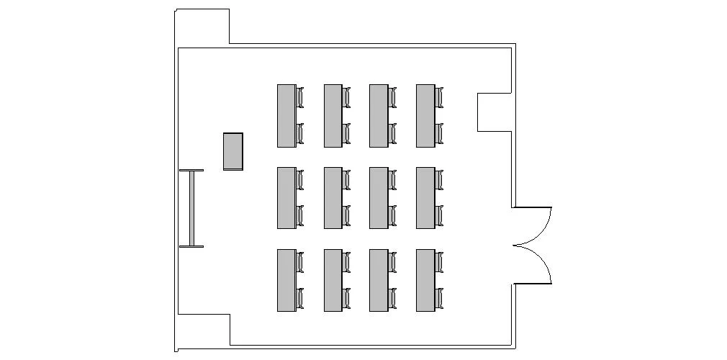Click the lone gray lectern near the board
[232, 151]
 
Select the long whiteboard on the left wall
[191, 209]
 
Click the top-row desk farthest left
[286, 116]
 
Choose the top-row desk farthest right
[425, 116]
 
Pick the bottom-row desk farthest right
[425, 280]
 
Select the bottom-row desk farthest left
[286, 280]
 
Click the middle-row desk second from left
[333, 198]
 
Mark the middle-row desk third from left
[379, 198]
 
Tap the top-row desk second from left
[333, 116]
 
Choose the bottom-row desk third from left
[379, 280]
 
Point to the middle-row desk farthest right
[425, 198]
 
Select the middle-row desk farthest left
[286, 198]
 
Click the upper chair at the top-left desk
[300, 97]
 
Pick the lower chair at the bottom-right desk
[439, 298]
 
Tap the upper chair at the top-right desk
[439, 97]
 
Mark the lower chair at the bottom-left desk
[300, 298]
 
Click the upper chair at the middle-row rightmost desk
[439, 180]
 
